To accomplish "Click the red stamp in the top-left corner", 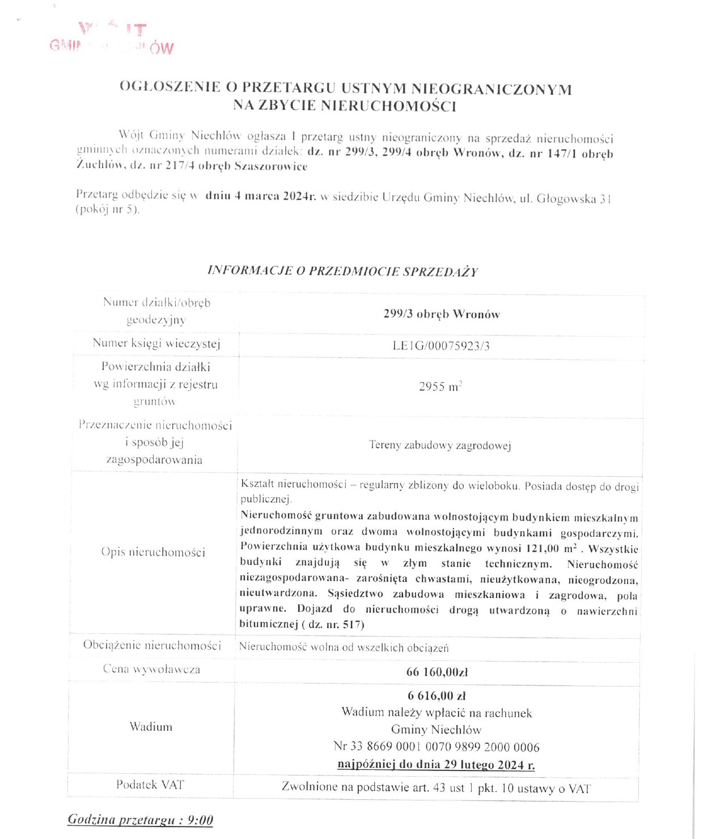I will coord(112,39).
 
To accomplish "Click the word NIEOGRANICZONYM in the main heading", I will coord(491,89).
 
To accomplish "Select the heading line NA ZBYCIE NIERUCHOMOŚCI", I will coord(345,106).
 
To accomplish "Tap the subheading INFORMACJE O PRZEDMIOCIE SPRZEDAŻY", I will coord(342,271).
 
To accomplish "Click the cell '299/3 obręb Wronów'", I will coord(441,314).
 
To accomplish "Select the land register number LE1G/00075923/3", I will coord(441,346).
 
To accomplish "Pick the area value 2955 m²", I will coord(440,387).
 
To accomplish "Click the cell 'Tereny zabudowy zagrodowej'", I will coord(440,446).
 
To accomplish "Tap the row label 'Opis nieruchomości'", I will coord(153,552).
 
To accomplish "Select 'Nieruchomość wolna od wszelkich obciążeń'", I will coord(344,647).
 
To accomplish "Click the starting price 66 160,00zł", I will coord(437,672).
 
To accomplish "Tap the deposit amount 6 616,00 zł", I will coord(437,696).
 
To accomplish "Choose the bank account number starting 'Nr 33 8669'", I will coord(437,747).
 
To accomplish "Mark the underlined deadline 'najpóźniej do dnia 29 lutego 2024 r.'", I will coord(436,765).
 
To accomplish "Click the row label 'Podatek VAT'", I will coord(150,785).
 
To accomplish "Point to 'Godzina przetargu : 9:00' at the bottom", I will coord(140,820).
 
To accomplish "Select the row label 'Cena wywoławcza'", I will coord(151,669).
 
